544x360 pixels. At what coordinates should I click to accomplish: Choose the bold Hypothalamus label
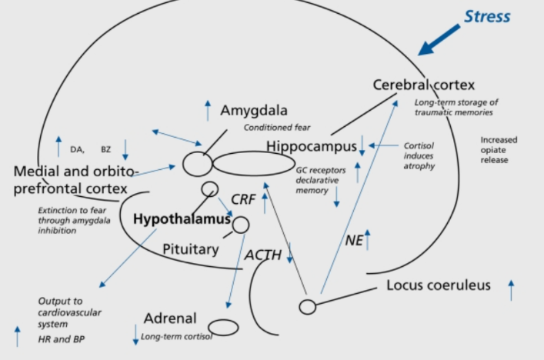tap(182, 218)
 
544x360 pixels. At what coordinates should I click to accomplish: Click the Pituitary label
tap(190, 249)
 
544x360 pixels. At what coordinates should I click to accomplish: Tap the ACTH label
tap(263, 255)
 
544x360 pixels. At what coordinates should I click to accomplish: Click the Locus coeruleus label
tap(438, 286)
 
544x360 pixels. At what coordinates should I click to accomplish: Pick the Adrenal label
tap(170, 318)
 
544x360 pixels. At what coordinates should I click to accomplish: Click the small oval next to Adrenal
tap(223, 327)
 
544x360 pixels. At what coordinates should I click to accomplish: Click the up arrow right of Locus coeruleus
tap(511, 290)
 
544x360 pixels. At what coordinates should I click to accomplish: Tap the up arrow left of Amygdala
tap(206, 110)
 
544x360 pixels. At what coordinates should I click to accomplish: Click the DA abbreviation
tap(77, 149)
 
